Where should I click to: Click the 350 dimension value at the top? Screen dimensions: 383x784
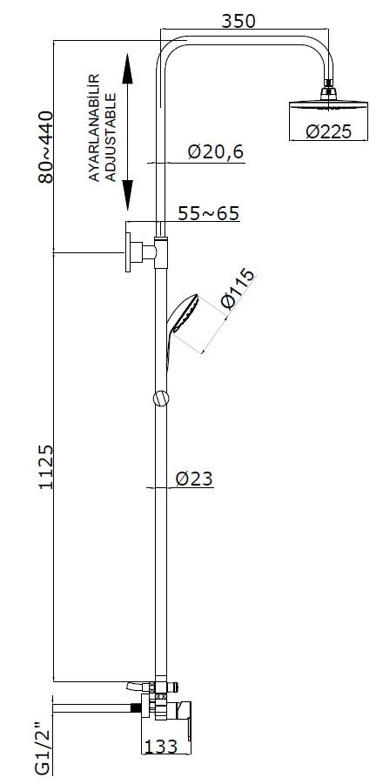(238, 21)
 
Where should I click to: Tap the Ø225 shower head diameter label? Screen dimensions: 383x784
(328, 131)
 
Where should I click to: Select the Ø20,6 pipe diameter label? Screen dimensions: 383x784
(216, 151)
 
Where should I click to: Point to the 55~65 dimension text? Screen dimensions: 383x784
(209, 213)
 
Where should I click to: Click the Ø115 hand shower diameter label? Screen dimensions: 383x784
(237, 289)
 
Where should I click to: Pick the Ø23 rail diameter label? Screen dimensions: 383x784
(194, 479)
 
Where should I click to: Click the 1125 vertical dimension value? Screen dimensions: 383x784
(46, 467)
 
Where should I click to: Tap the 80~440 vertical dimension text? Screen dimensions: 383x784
(45, 147)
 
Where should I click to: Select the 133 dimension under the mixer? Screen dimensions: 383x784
(160, 747)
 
